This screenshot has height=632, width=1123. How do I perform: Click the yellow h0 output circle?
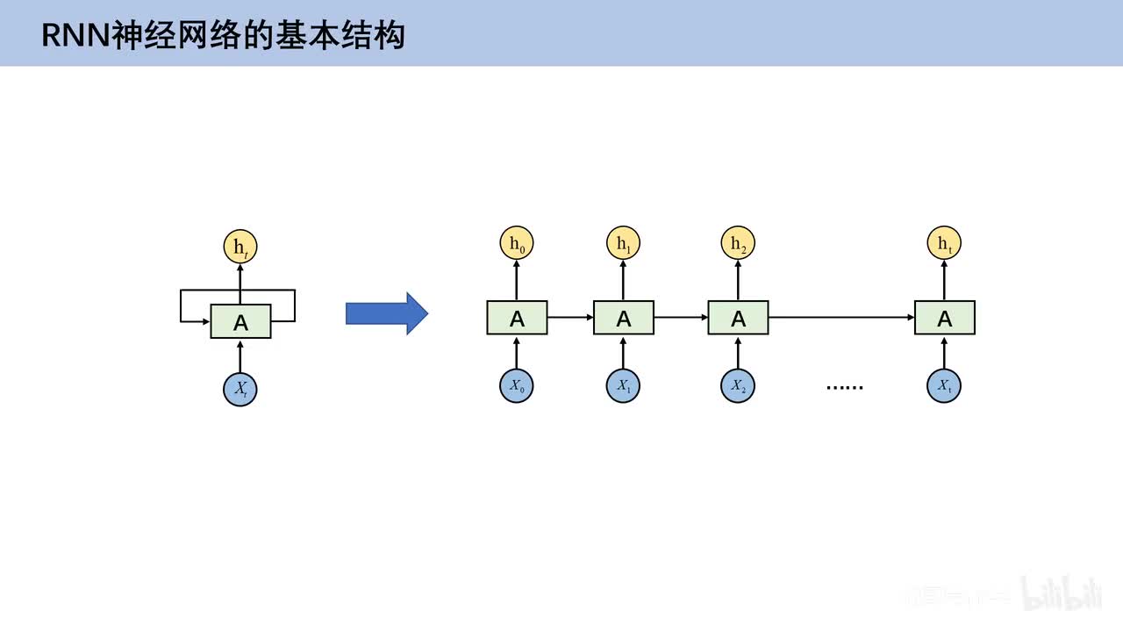(x=517, y=243)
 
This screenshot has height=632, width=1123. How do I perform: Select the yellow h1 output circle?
(x=623, y=243)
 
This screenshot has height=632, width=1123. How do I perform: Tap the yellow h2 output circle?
(x=738, y=243)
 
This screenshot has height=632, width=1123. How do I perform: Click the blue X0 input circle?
(x=517, y=386)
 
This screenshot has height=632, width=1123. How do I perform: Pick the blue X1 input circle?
(x=623, y=386)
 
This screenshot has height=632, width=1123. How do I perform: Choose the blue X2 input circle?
(x=738, y=386)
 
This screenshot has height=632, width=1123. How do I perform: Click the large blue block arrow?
(x=386, y=313)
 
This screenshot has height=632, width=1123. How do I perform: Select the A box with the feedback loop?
(x=240, y=322)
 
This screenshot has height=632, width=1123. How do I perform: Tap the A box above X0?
(x=517, y=318)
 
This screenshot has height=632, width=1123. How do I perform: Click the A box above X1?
(x=623, y=318)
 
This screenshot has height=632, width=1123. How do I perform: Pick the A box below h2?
(x=738, y=318)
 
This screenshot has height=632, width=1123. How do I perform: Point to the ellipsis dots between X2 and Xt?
(x=844, y=387)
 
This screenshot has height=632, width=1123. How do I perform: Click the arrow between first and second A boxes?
(x=570, y=318)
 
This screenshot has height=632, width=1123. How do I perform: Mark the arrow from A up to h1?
(x=623, y=280)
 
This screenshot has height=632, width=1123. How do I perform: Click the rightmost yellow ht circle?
(x=944, y=243)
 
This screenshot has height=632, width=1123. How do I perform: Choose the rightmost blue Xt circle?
(x=944, y=386)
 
